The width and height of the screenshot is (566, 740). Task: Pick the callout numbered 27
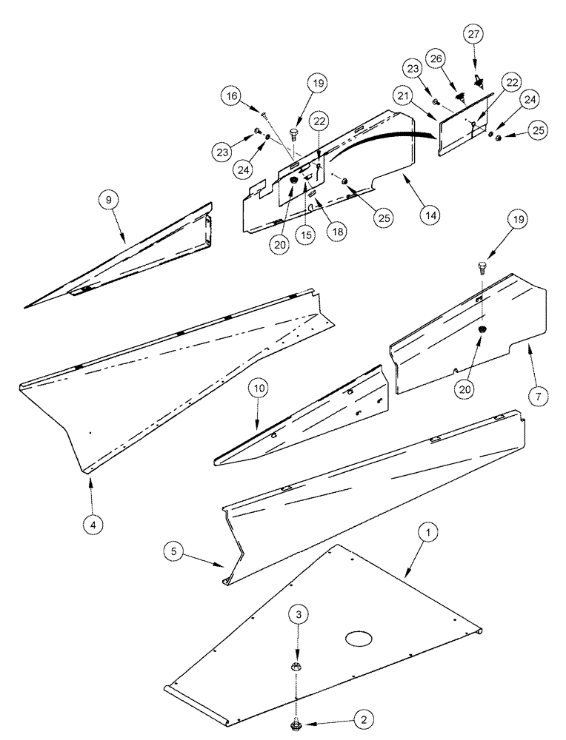473,34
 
